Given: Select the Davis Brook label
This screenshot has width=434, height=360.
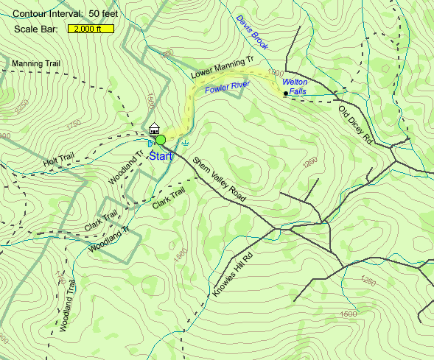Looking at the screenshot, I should [253, 32].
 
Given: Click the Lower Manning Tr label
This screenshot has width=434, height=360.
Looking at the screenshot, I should [222, 70].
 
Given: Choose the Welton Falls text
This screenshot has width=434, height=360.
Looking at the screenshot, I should [295, 86].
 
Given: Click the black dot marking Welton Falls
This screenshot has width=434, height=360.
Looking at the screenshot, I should [285, 94].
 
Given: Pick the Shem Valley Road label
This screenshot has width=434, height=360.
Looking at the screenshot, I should [218, 181].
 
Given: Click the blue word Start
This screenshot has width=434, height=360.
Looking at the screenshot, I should [163, 155].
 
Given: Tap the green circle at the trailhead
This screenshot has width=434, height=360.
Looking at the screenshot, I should [161, 140].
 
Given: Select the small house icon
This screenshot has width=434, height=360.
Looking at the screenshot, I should [154, 128].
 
